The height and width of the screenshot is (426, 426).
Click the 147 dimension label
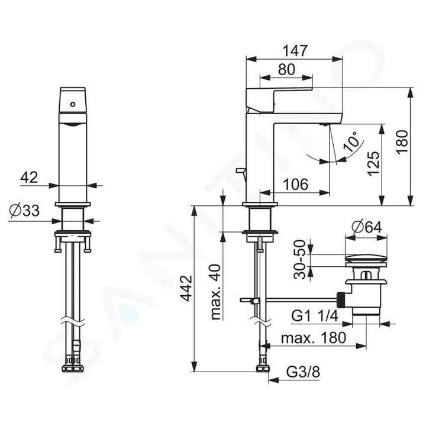(x=295, y=51)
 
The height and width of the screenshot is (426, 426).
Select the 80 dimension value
(x=286, y=70)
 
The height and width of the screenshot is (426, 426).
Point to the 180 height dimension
(x=402, y=142)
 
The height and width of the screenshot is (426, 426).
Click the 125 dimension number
(x=373, y=163)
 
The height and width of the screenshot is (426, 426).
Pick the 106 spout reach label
(x=296, y=185)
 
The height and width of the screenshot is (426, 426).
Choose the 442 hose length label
(x=186, y=288)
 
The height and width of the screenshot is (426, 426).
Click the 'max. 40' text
(x=216, y=292)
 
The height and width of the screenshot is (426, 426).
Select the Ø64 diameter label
(x=367, y=227)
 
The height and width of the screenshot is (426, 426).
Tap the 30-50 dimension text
(x=299, y=259)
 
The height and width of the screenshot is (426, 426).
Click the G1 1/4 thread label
(x=315, y=316)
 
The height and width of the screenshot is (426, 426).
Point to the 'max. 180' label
(x=314, y=338)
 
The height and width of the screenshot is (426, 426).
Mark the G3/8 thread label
(x=303, y=372)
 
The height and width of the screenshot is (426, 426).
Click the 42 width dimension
(x=29, y=177)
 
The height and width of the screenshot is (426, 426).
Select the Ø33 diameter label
(x=24, y=211)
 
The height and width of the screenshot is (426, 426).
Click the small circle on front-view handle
(x=73, y=104)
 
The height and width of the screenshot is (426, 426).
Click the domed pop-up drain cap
(x=366, y=258)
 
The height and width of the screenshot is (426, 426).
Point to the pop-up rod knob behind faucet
(x=240, y=170)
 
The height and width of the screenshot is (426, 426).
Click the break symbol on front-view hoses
(x=73, y=321)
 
